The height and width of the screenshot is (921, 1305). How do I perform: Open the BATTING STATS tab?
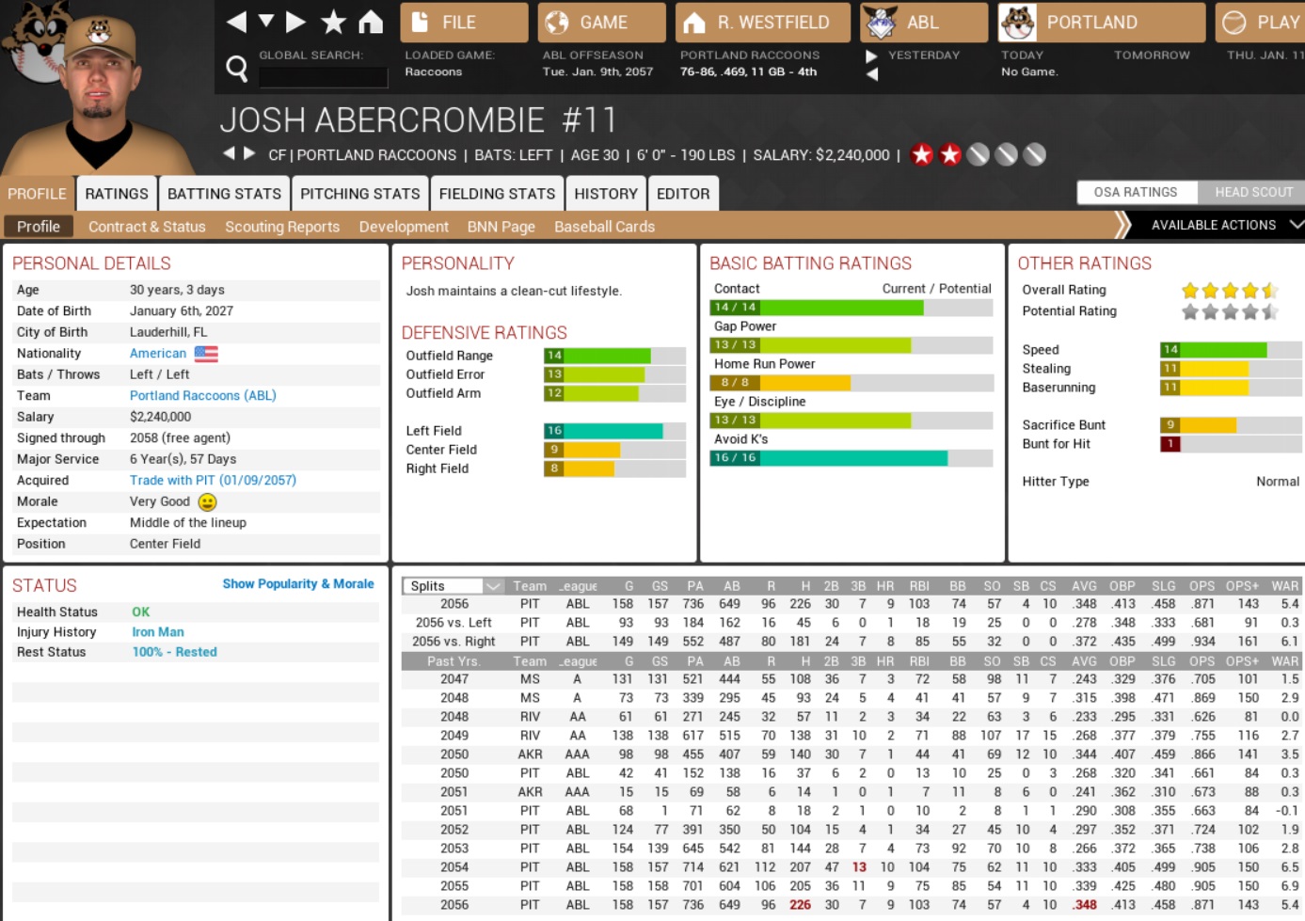click(x=224, y=194)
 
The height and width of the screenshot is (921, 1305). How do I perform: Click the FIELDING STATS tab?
click(x=497, y=194)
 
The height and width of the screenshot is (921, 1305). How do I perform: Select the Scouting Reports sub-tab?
click(x=282, y=227)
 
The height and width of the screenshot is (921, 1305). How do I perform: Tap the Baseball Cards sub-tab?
click(x=604, y=227)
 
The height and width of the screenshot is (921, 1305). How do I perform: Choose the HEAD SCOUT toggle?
click(x=1253, y=192)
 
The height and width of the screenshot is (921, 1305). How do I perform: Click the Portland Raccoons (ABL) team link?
click(x=202, y=396)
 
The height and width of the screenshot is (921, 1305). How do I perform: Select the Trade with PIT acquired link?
click(x=213, y=481)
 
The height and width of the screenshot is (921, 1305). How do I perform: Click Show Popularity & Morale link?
click(x=298, y=584)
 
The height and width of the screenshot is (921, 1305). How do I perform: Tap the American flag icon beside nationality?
click(x=206, y=354)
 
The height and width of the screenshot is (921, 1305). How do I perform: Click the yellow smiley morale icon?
click(x=208, y=502)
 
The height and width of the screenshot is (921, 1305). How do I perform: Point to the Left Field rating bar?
click(x=613, y=431)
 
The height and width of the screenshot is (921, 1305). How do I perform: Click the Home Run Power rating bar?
click(x=851, y=383)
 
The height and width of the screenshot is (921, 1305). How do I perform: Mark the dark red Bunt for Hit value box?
click(x=1170, y=444)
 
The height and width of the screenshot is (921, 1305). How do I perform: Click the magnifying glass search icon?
click(x=237, y=68)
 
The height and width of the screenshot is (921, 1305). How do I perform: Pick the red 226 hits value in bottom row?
click(x=800, y=905)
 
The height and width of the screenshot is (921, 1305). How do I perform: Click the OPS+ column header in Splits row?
click(x=1241, y=586)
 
